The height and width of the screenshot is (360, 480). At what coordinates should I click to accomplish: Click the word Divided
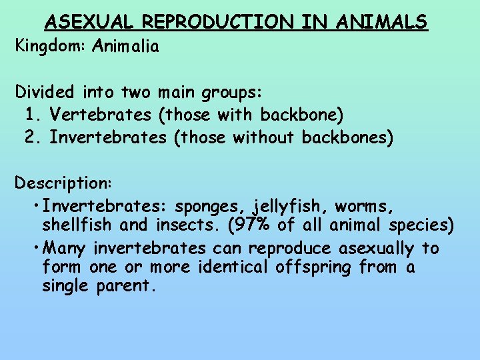pyautogui.click(x=44, y=91)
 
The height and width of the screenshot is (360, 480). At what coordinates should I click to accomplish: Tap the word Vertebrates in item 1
pyautogui.click(x=101, y=115)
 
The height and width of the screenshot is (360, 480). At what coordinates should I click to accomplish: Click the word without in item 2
pyautogui.click(x=265, y=137)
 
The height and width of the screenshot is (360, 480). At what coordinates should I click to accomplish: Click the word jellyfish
pyautogui.click(x=293, y=206)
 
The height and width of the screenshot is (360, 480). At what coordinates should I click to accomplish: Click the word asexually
pyautogui.click(x=377, y=249)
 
